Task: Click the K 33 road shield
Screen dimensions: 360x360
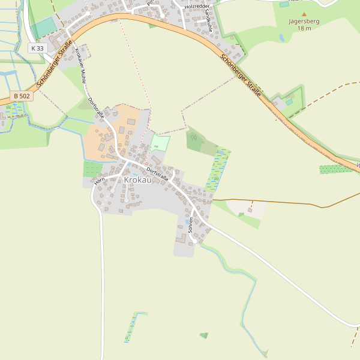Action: (x=37, y=48)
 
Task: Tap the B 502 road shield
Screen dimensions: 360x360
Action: (x=21, y=96)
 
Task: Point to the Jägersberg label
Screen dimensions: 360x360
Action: (x=304, y=20)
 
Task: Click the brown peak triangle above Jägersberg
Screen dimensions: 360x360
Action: (x=304, y=13)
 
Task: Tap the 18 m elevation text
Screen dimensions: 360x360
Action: (x=304, y=28)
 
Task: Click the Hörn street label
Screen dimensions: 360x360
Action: (x=99, y=179)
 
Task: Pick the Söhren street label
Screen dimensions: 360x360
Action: (x=191, y=224)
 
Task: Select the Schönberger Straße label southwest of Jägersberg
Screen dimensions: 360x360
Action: (x=241, y=76)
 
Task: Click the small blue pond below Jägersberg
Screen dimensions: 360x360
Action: (x=282, y=37)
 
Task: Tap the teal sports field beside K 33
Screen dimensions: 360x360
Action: (x=43, y=28)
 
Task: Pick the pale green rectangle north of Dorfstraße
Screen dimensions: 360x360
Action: (x=160, y=143)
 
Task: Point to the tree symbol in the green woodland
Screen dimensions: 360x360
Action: (x=193, y=137)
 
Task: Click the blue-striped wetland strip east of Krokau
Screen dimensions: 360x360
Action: (x=217, y=170)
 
